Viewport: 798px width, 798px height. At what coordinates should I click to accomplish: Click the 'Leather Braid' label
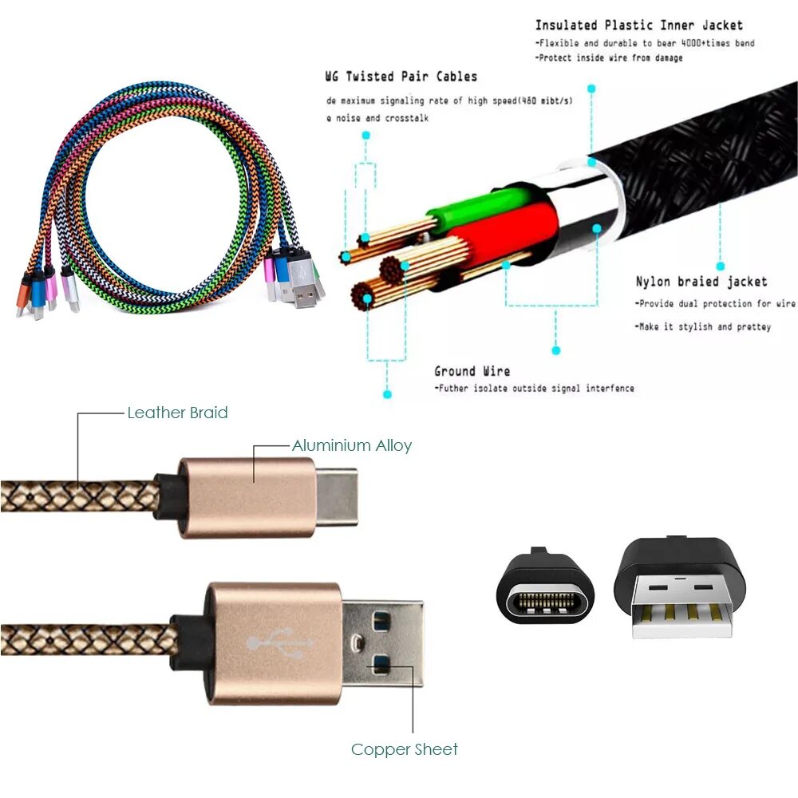(177, 413)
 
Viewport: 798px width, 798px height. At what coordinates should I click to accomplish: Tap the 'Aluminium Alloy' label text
(351, 445)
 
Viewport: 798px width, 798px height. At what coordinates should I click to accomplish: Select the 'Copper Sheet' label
(405, 749)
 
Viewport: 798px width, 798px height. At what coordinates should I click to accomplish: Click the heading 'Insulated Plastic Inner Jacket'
(638, 26)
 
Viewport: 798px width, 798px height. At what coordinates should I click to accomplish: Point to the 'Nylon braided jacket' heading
(701, 281)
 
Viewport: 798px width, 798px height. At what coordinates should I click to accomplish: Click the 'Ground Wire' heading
(472, 371)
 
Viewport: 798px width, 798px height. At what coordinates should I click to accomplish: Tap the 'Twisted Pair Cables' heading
(401, 77)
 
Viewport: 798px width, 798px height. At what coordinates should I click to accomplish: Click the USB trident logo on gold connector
(279, 641)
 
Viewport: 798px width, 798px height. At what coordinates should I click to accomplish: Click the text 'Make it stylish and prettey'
(703, 327)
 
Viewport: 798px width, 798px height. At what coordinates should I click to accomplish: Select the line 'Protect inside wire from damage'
(609, 58)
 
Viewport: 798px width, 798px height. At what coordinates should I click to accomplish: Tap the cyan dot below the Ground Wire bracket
(387, 393)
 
